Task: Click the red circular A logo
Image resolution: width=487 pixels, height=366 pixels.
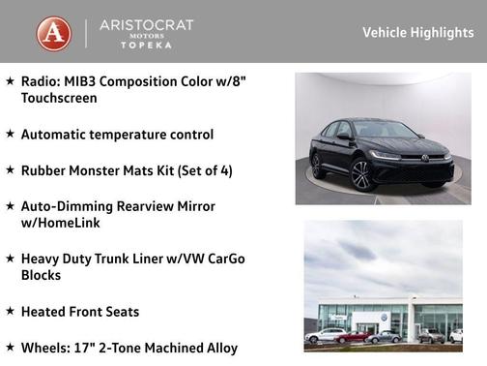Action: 54,34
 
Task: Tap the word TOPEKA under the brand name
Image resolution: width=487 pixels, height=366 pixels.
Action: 146,46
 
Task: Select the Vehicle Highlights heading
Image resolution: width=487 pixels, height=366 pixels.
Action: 417,33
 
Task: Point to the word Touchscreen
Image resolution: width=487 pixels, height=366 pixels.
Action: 59,98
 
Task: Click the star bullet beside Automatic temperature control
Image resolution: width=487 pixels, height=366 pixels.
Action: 10,134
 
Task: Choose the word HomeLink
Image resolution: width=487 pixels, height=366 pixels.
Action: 72,223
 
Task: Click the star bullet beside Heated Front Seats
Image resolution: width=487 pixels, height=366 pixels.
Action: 10,311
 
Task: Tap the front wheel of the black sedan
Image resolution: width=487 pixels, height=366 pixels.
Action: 360,175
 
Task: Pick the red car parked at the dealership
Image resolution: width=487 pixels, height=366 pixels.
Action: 354,337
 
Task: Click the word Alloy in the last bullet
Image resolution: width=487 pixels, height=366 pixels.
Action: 219,348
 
